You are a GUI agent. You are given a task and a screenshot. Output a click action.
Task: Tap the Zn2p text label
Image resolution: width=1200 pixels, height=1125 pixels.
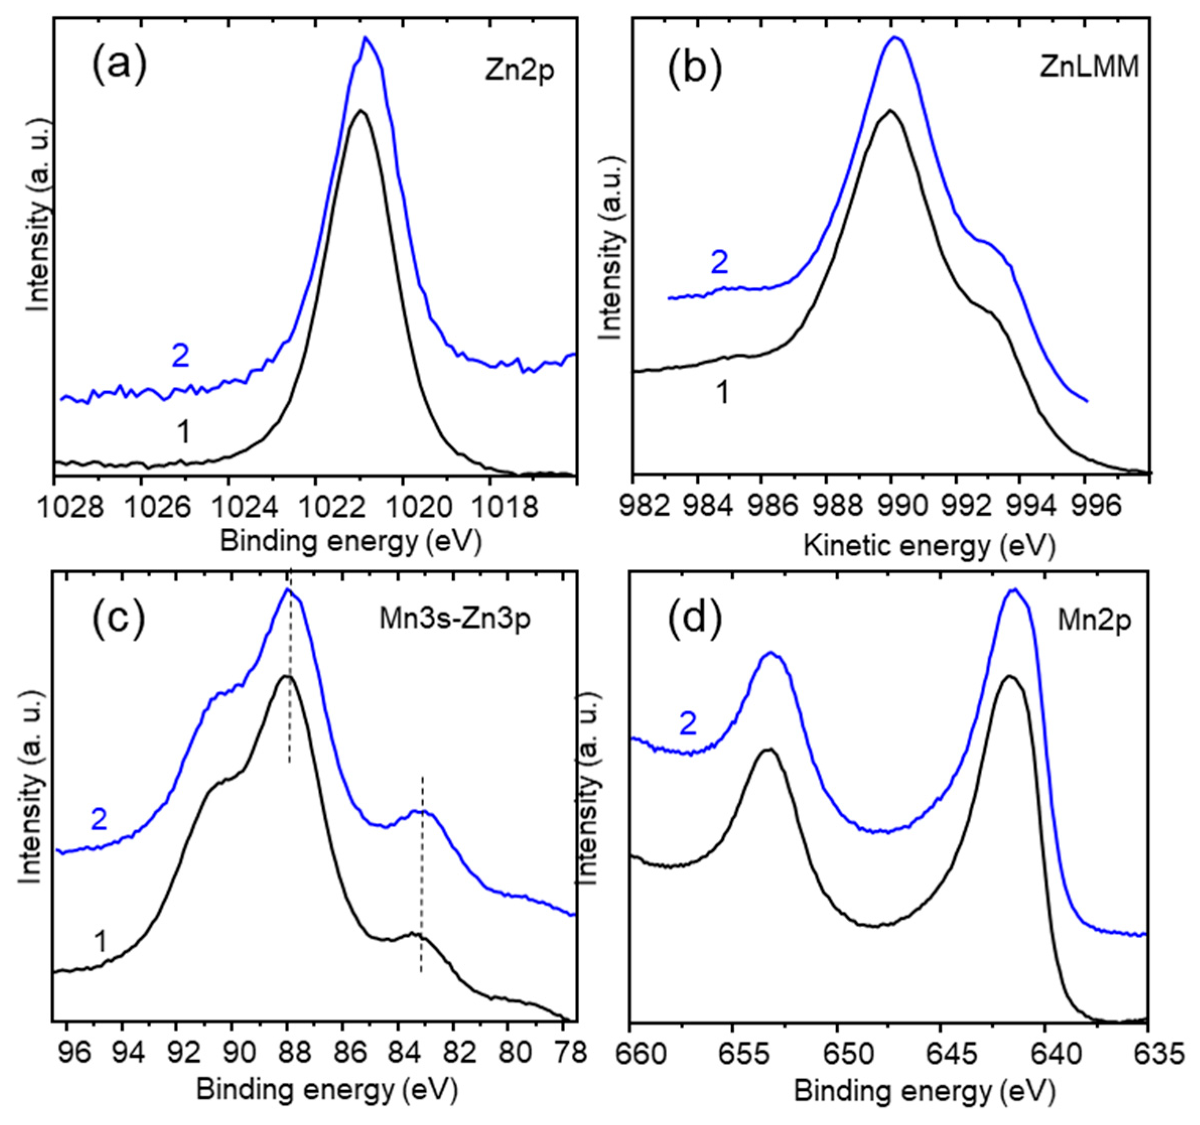click(x=519, y=73)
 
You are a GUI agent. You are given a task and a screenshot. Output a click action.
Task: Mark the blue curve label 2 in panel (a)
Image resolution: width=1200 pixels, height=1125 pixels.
click(x=180, y=356)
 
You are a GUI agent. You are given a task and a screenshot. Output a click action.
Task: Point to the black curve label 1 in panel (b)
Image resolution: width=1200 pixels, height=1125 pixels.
click(x=721, y=393)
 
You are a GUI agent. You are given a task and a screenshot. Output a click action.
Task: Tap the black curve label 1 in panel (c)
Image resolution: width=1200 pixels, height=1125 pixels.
click(x=100, y=942)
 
